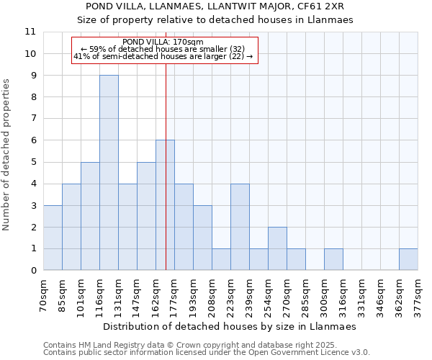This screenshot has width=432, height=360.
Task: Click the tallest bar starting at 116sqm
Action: click(109, 173)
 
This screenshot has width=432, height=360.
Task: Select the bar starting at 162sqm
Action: click(165, 205)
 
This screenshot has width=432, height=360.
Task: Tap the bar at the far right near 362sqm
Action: click(408, 259)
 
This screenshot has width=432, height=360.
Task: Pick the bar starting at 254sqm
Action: click(277, 248)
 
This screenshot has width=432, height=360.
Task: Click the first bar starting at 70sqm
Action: click(53, 238)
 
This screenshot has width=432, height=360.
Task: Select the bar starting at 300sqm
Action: click(333, 259)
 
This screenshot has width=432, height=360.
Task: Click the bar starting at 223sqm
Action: click(240, 227)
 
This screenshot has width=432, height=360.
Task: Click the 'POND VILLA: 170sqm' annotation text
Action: click(163, 42)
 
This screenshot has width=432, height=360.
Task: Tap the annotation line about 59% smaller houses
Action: click(163, 49)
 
